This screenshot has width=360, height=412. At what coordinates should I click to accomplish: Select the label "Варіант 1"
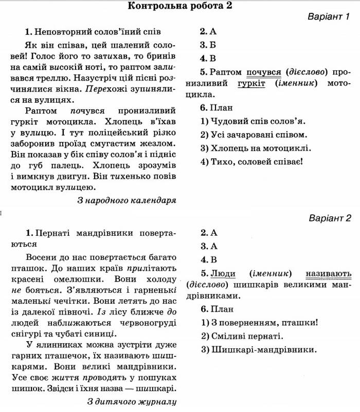point(329,17)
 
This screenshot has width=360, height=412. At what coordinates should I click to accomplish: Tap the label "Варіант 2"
point(330,218)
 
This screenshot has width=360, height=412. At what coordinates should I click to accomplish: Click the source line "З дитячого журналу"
point(132,401)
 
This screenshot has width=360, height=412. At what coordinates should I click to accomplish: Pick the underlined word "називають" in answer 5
point(328,273)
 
